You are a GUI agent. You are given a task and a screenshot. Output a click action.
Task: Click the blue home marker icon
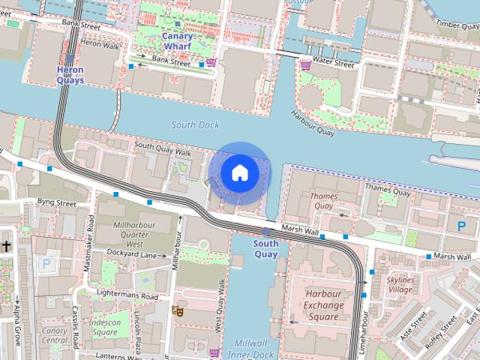tap(239, 173)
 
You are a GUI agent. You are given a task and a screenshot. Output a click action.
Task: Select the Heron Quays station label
tap(70, 75)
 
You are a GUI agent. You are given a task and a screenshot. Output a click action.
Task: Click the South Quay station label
tap(265, 248)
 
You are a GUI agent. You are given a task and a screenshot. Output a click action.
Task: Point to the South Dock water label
tap(193, 124)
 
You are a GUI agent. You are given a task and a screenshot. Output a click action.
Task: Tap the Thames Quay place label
tap(322, 201)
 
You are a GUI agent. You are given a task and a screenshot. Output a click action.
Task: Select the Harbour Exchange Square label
tap(324, 305)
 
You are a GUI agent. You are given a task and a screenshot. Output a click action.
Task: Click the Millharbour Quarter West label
tap(124, 234)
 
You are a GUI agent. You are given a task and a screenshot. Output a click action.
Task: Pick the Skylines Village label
tap(400, 285)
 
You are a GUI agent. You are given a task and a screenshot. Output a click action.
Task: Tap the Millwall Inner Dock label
tap(250, 347)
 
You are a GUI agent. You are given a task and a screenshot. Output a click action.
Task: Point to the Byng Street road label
tap(57, 202)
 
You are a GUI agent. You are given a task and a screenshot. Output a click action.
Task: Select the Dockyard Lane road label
tap(131, 255)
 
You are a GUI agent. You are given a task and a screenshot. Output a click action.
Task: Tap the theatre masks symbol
tap(178, 310)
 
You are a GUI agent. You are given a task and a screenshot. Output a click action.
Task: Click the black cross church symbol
tap(6, 246)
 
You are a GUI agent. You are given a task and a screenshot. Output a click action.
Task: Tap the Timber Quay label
tap(457, 25)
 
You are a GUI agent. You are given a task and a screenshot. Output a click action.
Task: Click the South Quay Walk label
tap(163, 148)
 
